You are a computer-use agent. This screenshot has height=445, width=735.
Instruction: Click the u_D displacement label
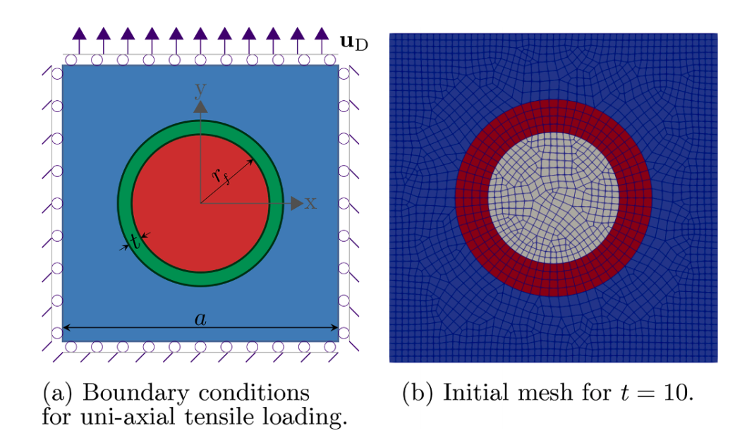click(x=354, y=42)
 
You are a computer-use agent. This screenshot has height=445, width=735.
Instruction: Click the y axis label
click(x=200, y=90)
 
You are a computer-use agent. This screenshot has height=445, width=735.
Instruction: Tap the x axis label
click(x=311, y=203)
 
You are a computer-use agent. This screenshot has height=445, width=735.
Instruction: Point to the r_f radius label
click(x=221, y=176)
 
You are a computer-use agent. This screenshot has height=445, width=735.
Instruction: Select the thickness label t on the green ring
click(x=135, y=242)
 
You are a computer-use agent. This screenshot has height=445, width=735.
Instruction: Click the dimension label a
click(x=200, y=319)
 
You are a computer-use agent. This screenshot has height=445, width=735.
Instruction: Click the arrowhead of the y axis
click(x=200, y=106)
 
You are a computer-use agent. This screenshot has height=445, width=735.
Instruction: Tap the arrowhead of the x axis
click(x=297, y=203)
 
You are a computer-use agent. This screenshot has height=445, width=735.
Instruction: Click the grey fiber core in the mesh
click(x=553, y=197)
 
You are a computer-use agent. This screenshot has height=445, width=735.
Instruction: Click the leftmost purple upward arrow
click(x=79, y=40)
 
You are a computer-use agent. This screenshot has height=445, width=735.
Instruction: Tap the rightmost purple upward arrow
click(x=322, y=40)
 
